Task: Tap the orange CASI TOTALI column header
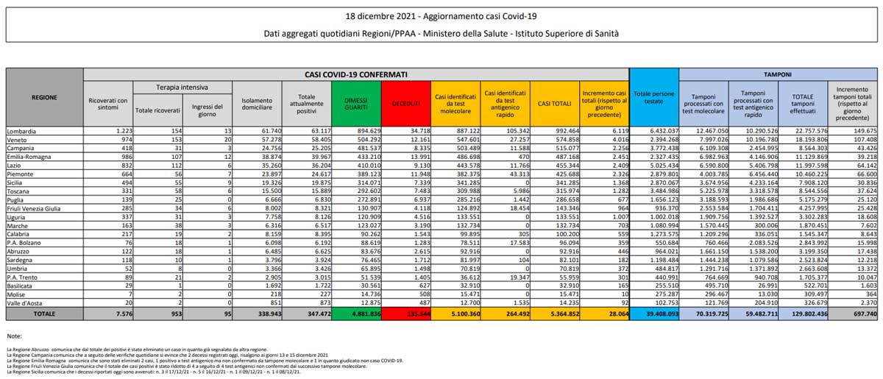(x=554, y=103)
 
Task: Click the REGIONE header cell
(x=45, y=96)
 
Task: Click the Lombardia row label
(x=23, y=131)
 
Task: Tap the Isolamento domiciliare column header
(x=256, y=105)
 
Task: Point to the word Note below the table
(x=14, y=336)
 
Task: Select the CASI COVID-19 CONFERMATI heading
(x=357, y=74)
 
